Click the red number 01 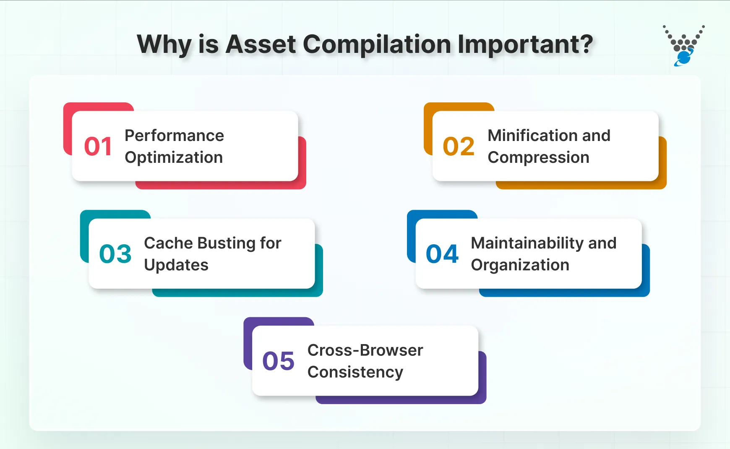tap(98, 146)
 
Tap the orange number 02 tap(459, 146)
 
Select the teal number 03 tap(115, 254)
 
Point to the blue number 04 tap(442, 254)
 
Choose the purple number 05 tap(278, 361)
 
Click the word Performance tap(174, 136)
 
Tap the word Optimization tap(174, 157)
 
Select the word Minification tap(531, 136)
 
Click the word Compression tap(538, 157)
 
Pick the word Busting tap(226, 243)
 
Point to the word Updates tap(176, 265)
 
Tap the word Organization tap(520, 265)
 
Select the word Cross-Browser tap(365, 350)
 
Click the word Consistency tap(355, 372)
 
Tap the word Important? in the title tap(525, 44)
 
